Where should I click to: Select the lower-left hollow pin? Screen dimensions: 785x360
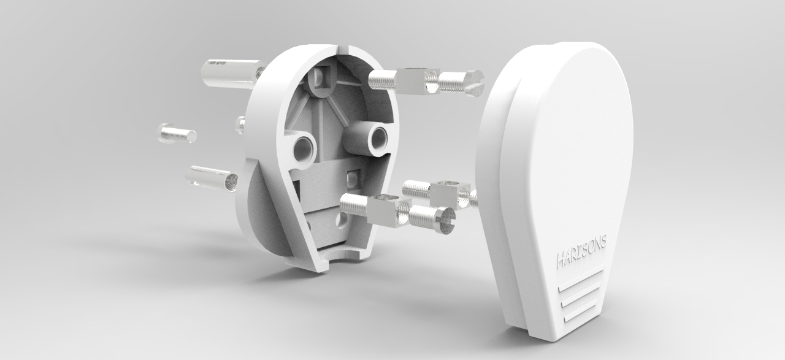click(x=212, y=178)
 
